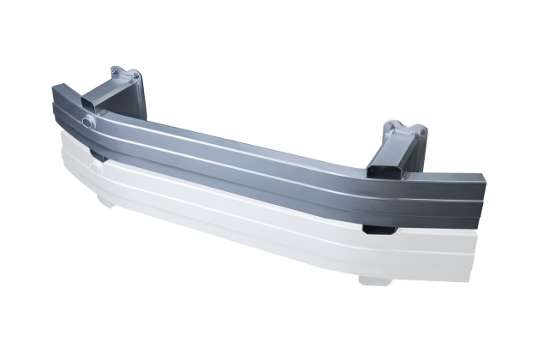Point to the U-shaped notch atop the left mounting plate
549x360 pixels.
coord(125,71)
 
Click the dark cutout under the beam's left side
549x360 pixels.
coord(98,157)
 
